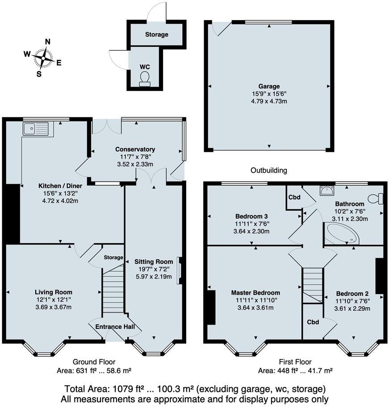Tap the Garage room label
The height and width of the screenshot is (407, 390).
[269, 87]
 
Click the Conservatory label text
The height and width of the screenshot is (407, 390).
[135, 150]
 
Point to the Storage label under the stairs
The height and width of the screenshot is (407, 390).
[113, 257]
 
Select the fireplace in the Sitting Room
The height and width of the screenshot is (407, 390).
[180, 270]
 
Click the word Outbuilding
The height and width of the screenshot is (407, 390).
[268, 170]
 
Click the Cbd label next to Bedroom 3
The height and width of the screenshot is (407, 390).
[294, 197]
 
